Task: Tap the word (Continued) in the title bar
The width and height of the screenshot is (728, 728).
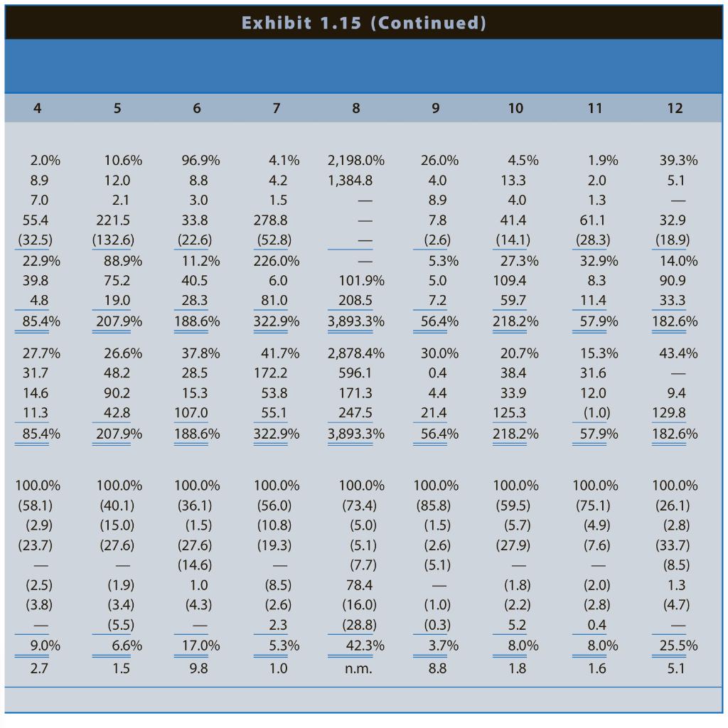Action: click(429, 23)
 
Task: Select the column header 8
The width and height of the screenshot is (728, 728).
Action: click(356, 108)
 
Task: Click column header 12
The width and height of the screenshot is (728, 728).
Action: click(675, 108)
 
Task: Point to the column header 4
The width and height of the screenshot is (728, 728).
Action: click(37, 108)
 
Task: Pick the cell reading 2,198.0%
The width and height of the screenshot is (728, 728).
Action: click(356, 161)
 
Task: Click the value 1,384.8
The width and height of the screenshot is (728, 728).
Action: click(350, 181)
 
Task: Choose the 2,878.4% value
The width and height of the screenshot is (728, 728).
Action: click(356, 353)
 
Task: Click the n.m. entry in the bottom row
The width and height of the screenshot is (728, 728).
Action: click(358, 669)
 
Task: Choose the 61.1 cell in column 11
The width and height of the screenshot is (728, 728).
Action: click(593, 220)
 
